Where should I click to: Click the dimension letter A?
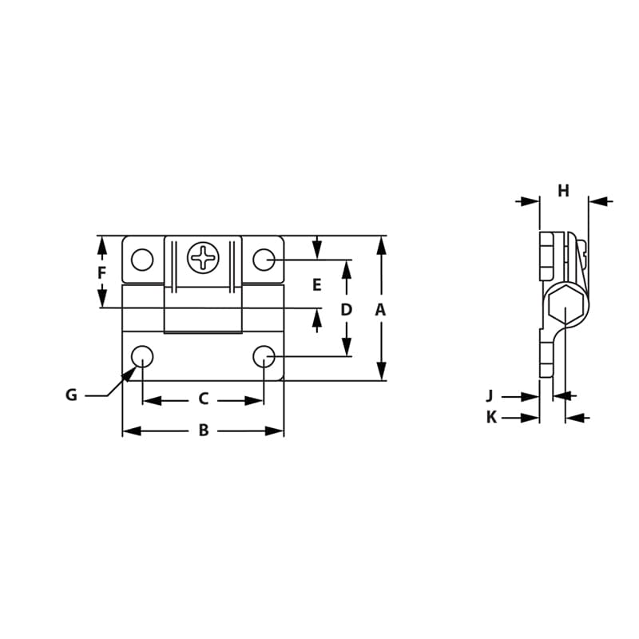tap(380, 310)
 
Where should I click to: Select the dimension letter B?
tap(204, 431)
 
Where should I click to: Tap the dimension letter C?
tap(203, 399)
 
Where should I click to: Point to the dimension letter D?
tap(346, 310)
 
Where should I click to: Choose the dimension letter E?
tap(316, 285)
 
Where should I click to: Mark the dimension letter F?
tap(101, 273)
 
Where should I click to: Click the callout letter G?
tap(71, 395)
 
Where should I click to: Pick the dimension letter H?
tap(563, 191)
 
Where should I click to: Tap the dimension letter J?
tap(490, 395)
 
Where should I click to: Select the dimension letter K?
tap(491, 417)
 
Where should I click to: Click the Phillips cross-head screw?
tap(203, 258)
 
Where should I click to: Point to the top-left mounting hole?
tap(142, 260)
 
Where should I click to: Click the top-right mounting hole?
tap(264, 260)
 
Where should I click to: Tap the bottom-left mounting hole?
tap(142, 356)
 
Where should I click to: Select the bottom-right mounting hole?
tap(264, 356)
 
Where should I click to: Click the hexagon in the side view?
tap(567, 306)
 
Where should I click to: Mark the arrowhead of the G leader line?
tap(129, 374)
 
